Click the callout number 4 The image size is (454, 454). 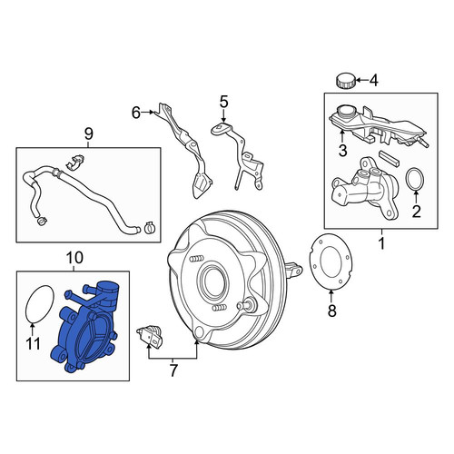374,81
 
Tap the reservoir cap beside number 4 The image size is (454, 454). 346,81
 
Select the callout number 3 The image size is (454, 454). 342,151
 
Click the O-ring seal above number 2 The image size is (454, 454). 416,180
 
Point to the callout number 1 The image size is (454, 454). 382,243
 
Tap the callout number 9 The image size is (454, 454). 88,134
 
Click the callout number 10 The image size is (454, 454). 74,258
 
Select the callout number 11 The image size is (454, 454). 33,343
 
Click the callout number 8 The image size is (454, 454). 332,311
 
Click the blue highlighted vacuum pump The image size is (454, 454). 86,327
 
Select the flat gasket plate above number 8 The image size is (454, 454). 330,262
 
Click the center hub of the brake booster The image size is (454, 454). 212,281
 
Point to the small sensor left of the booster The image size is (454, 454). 150,335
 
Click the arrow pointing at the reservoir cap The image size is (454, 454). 362,80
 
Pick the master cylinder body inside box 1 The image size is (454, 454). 365,189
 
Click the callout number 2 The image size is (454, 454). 417,212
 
